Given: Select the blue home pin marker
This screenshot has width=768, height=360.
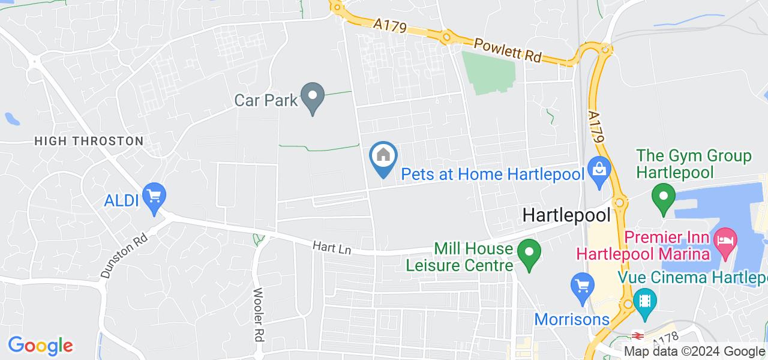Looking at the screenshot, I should [384, 157].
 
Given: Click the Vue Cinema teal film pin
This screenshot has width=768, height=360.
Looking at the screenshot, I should [645, 298].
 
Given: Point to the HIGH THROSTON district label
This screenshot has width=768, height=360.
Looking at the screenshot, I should [89, 141].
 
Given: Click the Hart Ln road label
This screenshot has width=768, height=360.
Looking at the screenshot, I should [323, 247].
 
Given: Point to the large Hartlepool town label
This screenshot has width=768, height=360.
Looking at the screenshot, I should [566, 215].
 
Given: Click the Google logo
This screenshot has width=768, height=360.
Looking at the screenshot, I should [40, 346].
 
